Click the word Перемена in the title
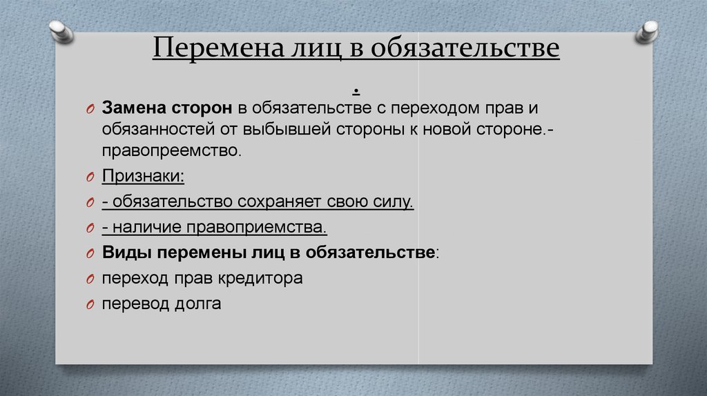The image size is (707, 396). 218,47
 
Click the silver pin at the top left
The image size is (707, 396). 61,32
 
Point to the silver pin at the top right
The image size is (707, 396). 646,32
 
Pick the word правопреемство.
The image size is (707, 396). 172,150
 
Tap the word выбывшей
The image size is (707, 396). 287,129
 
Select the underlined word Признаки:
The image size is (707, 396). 143,176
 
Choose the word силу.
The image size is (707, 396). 393,201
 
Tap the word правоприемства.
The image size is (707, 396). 257,227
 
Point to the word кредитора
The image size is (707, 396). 260,278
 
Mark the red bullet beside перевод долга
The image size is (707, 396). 90,305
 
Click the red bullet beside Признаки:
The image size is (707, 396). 90,177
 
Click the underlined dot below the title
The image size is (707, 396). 356,92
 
